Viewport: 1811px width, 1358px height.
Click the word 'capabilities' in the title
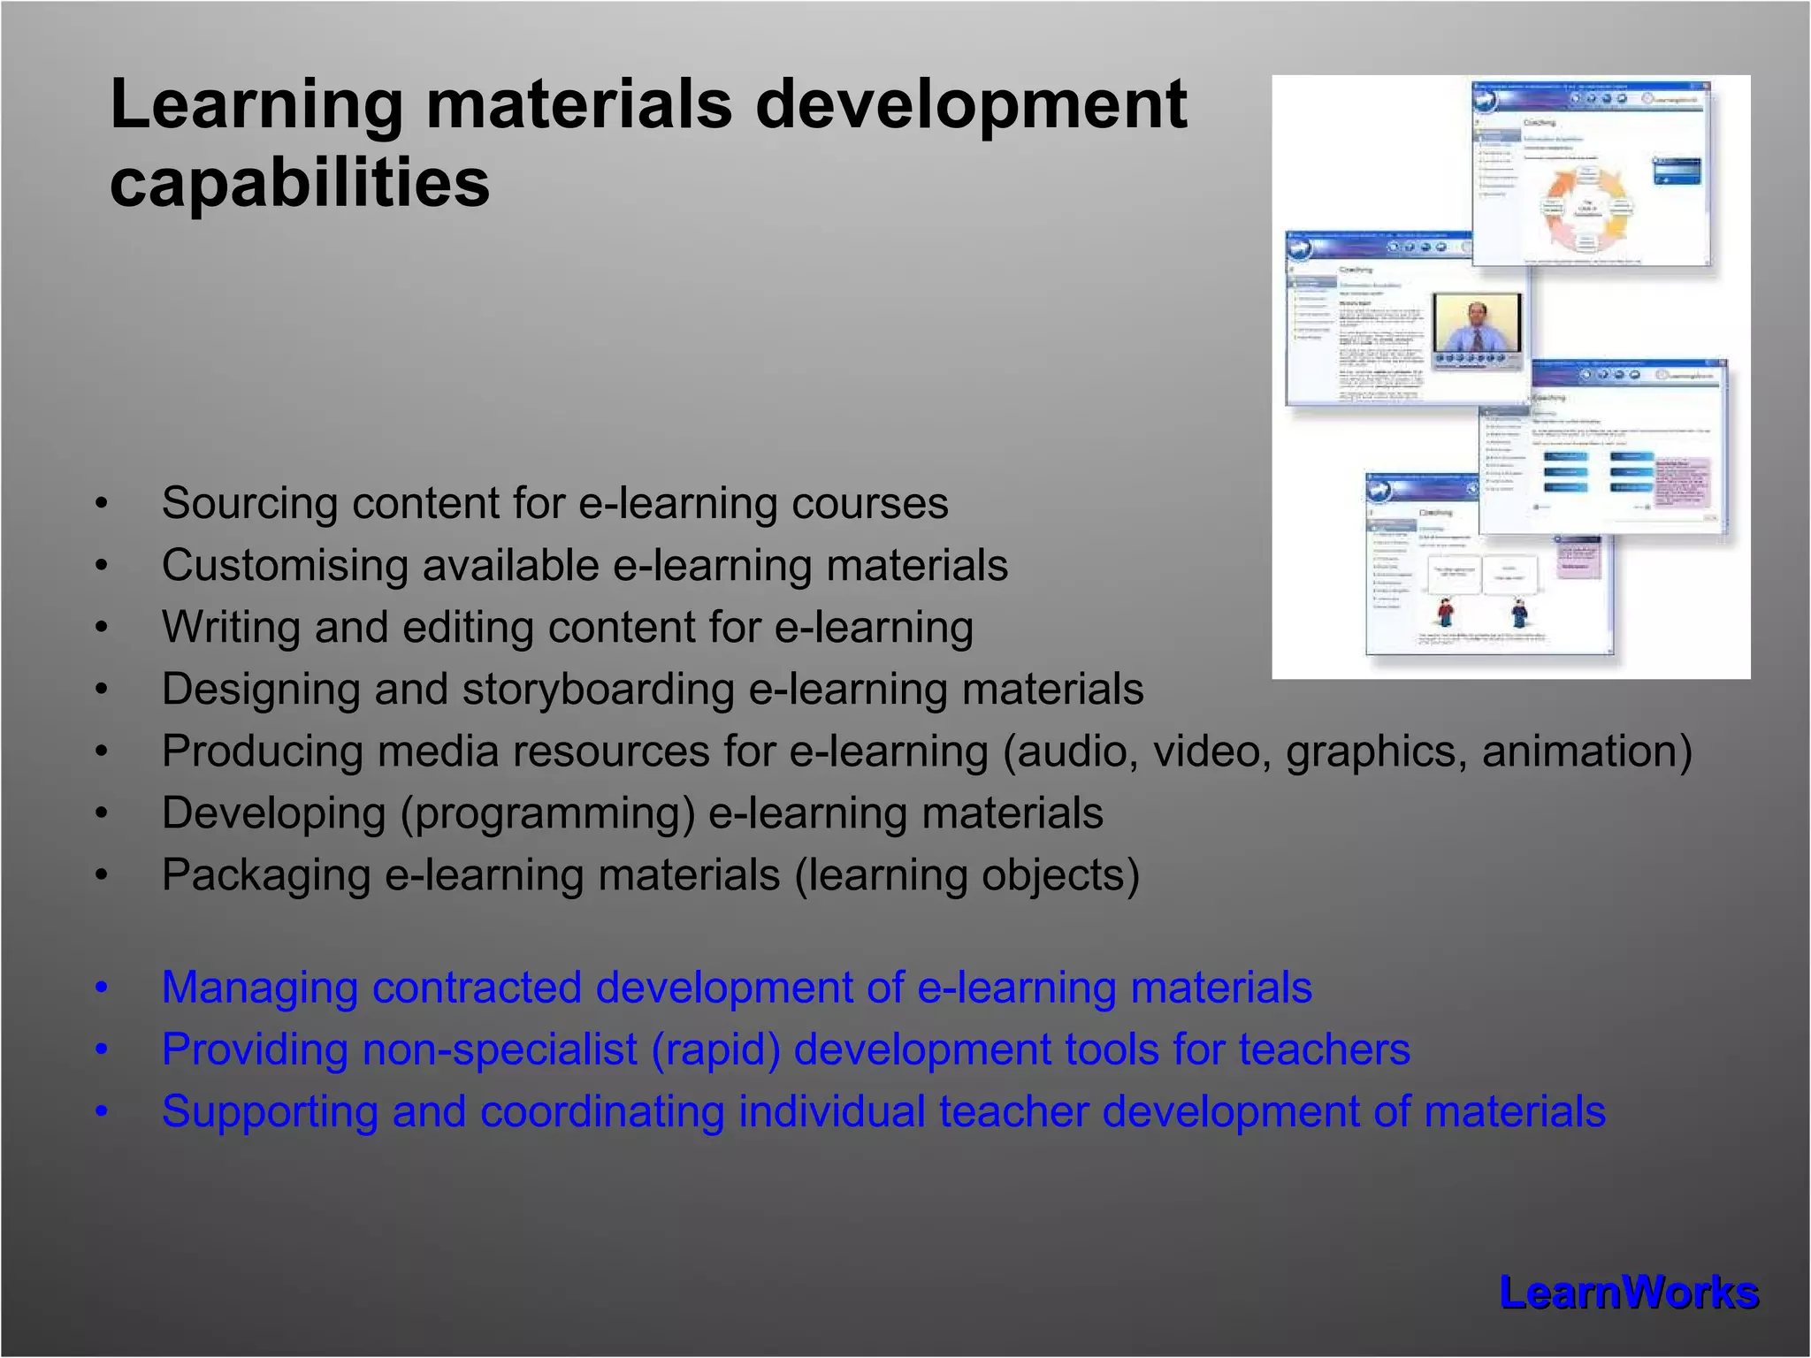click(x=299, y=183)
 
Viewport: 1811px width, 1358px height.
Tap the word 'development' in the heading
click(x=970, y=104)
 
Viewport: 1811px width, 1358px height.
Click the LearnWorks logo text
click(x=1628, y=1293)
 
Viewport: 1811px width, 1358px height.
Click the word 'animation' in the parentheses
click(x=1586, y=751)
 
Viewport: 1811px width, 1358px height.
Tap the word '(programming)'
click(x=547, y=813)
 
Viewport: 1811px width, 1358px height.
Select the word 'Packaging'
click(x=265, y=875)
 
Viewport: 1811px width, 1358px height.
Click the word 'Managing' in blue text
click(x=259, y=988)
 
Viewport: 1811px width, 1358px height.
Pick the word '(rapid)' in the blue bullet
click(x=715, y=1050)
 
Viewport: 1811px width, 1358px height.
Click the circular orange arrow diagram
click(x=1587, y=208)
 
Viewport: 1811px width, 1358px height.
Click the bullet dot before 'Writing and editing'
click(x=102, y=628)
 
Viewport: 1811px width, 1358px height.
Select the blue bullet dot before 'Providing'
click(x=102, y=1050)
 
